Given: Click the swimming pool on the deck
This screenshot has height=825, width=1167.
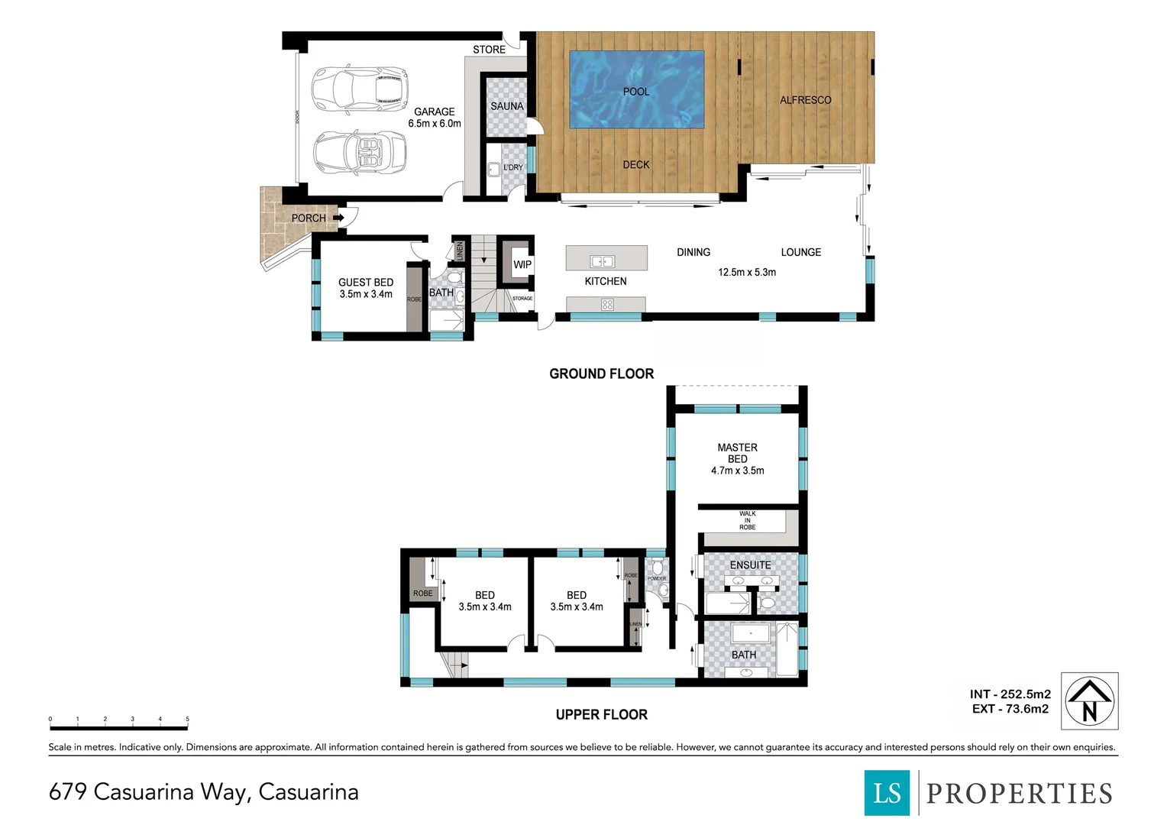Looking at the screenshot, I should pos(636,90).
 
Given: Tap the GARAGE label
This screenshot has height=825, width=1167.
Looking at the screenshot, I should pos(434,112).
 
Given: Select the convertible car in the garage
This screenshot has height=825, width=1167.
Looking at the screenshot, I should pos(360,153).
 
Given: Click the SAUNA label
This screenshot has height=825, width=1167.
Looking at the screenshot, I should pos(507,106).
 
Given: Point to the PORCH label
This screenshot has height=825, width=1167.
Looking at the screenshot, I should pos(309,218).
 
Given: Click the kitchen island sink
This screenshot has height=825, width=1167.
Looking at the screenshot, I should pos(603,261).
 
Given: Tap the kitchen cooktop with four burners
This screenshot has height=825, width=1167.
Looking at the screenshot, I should pos(607,305).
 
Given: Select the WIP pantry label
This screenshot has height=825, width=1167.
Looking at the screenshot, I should pos(522,265).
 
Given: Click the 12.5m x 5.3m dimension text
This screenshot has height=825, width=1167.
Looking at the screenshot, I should pos(746,272).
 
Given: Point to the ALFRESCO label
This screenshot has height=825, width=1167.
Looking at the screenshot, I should pos(805,100).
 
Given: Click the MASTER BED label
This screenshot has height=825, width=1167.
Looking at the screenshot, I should pos(737,453).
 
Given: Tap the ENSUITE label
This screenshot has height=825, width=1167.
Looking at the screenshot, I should pos(750,565).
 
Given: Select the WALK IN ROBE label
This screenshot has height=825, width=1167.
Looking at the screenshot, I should pos(747,521).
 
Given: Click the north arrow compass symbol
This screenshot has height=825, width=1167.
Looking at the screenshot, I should pos(1090,701).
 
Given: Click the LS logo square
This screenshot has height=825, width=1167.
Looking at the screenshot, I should pos(887,793).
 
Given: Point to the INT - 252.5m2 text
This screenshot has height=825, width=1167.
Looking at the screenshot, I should pos(1010,694).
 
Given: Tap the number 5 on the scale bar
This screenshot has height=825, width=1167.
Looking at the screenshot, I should pos(187,719).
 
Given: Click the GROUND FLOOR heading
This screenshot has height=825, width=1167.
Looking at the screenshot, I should pos(601,374).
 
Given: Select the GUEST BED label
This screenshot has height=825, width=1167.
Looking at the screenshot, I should pos(366,283).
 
